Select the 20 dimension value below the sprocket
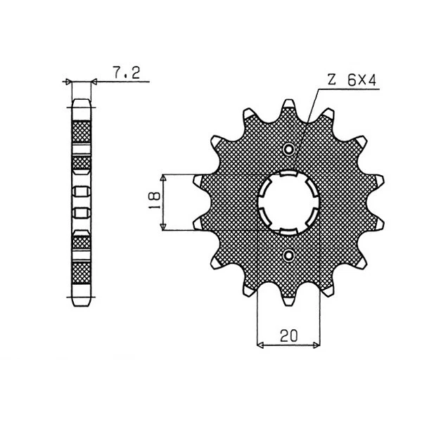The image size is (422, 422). pos(288,336)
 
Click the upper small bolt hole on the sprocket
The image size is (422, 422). pos(289,149)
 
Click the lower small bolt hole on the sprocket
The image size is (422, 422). pos(289,254)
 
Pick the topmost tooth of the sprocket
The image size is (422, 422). pos(288,105)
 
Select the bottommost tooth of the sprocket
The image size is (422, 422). pos(289,298)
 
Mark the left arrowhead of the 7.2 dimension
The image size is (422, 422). pos(69,83)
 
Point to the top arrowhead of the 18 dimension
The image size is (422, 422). pos(164,177)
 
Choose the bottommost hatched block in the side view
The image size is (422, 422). pos(82,271)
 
